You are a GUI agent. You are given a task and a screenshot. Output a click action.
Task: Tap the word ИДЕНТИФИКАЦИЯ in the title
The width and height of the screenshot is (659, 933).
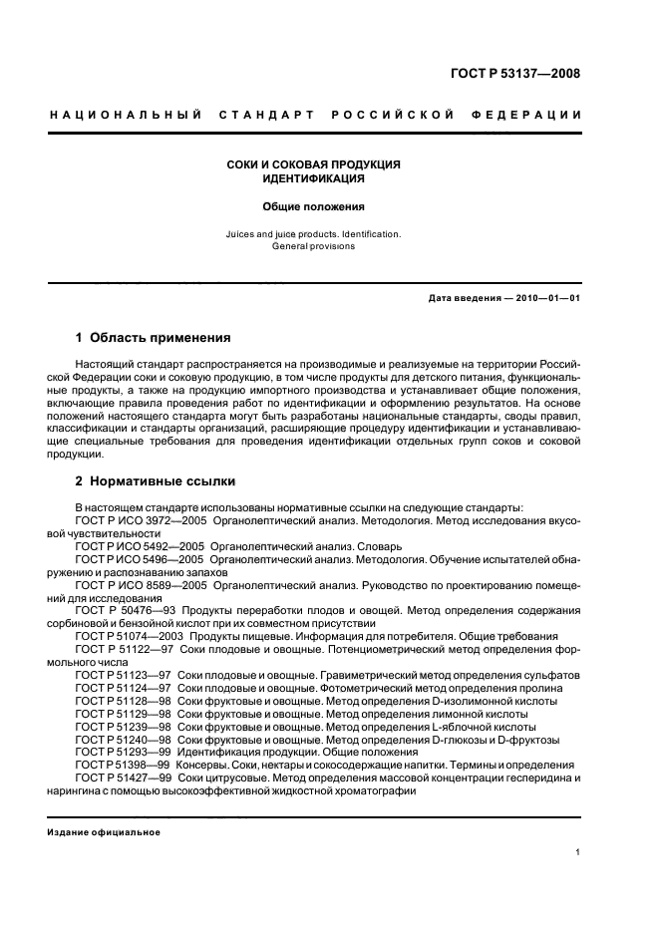coord(313,179)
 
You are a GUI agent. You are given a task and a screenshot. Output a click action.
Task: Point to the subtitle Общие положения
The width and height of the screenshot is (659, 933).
coord(313,207)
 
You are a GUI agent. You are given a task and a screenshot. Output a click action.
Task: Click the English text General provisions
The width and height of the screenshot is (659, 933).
coord(313,245)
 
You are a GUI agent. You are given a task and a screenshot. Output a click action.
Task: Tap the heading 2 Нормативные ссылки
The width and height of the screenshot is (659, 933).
coord(156,480)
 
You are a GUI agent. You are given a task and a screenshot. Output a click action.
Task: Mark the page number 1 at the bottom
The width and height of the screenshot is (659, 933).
coord(578,852)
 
